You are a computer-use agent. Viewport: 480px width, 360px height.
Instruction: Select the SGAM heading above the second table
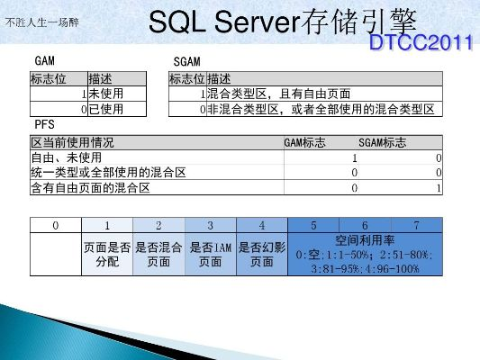click(186, 59)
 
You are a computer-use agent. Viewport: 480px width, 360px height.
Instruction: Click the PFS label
click(43, 122)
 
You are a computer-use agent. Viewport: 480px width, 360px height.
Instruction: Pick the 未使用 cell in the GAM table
click(106, 94)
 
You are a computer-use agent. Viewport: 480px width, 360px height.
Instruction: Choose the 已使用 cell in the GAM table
click(106, 109)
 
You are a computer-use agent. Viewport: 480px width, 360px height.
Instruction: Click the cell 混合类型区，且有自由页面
click(278, 94)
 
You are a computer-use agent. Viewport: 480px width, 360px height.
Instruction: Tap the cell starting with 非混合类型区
click(321, 109)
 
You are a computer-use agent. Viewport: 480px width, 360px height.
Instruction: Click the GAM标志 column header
click(304, 142)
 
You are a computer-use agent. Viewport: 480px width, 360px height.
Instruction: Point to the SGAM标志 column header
click(382, 142)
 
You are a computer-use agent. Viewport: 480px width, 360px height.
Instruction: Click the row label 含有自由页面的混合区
click(90, 188)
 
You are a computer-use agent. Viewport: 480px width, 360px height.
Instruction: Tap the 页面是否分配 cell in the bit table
click(107, 255)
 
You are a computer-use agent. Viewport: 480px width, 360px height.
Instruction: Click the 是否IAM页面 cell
click(211, 255)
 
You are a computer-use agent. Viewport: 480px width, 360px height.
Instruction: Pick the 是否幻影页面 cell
click(262, 255)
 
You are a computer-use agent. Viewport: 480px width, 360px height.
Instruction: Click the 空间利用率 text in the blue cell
click(365, 240)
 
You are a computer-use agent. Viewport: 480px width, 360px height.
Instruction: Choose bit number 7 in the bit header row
click(417, 223)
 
